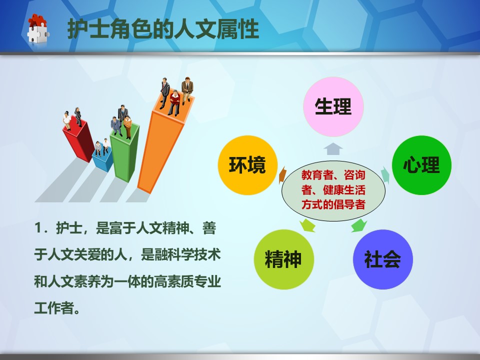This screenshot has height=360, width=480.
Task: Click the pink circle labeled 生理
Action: click(333, 106)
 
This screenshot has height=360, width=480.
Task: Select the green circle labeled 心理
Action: click(421, 165)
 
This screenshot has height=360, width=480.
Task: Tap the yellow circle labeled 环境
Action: click(247, 165)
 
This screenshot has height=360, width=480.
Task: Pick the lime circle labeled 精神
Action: click(284, 259)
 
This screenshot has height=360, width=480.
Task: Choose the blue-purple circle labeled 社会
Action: click(383, 259)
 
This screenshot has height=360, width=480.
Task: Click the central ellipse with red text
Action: click(333, 190)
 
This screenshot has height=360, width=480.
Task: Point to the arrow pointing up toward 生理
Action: click(333, 149)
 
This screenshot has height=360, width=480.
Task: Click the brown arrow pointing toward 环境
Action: click(282, 175)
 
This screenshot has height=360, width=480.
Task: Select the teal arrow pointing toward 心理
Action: click(385, 175)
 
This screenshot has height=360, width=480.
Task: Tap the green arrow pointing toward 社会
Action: click(359, 225)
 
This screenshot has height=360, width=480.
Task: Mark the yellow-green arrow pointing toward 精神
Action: click(307, 225)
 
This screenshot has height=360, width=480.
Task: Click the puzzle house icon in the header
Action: click(38, 28)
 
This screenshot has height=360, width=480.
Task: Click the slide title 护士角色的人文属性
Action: click(163, 29)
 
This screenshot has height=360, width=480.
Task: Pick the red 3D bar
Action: click(78, 139)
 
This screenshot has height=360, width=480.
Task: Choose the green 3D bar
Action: click(125, 152)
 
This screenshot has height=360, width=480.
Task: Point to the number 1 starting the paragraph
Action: click(38, 228)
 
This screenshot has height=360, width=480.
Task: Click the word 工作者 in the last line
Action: click(54, 307)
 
